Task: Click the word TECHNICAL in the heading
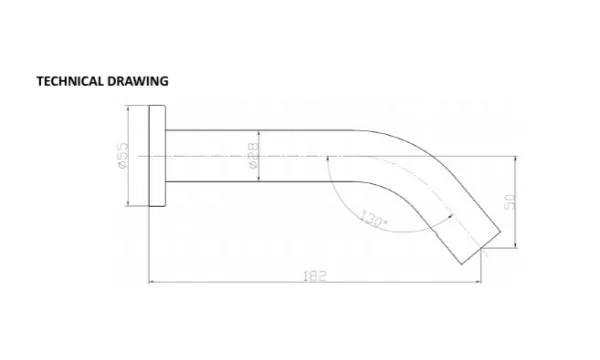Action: click(x=70, y=81)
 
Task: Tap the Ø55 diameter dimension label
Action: click(x=122, y=156)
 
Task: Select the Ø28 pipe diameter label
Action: click(x=253, y=156)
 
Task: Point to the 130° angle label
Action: click(x=374, y=218)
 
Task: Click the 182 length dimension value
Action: click(x=315, y=276)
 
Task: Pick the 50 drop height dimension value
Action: click(x=510, y=202)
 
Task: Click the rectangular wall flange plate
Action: click(x=157, y=156)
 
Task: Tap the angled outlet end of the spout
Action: click(x=481, y=248)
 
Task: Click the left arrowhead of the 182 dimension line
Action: click(x=151, y=282)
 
